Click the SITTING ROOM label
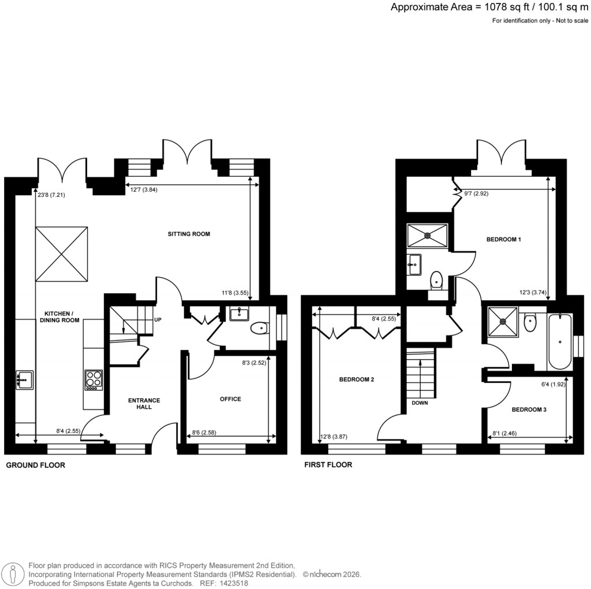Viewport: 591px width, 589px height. point(189,234)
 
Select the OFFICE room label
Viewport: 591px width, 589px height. point(230,399)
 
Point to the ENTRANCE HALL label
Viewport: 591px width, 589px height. point(144,403)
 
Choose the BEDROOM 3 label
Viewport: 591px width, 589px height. point(529,409)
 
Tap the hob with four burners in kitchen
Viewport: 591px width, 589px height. point(93,379)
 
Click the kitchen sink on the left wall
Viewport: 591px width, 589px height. point(25,379)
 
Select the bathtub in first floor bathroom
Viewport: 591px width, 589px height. point(560,341)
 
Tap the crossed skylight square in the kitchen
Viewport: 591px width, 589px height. point(62,253)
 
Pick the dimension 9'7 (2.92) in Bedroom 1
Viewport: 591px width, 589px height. point(476,194)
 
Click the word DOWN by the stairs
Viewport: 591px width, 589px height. point(420,402)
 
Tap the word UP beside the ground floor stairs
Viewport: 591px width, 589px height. point(157,319)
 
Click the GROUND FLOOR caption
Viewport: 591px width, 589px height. point(35,465)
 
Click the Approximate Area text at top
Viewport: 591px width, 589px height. point(489,8)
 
